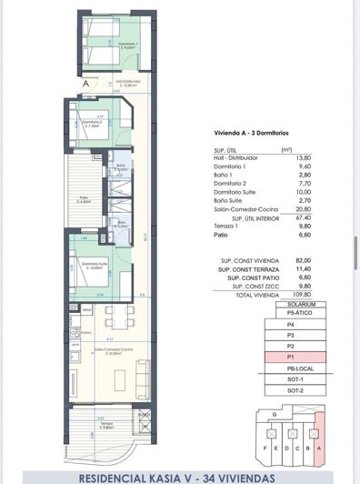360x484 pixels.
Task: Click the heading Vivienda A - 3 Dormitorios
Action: (x=250, y=133)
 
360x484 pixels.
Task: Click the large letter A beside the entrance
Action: (x=85, y=83)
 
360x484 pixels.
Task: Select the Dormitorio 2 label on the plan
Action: (x=90, y=124)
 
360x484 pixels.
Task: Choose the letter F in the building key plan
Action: (x=265, y=449)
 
